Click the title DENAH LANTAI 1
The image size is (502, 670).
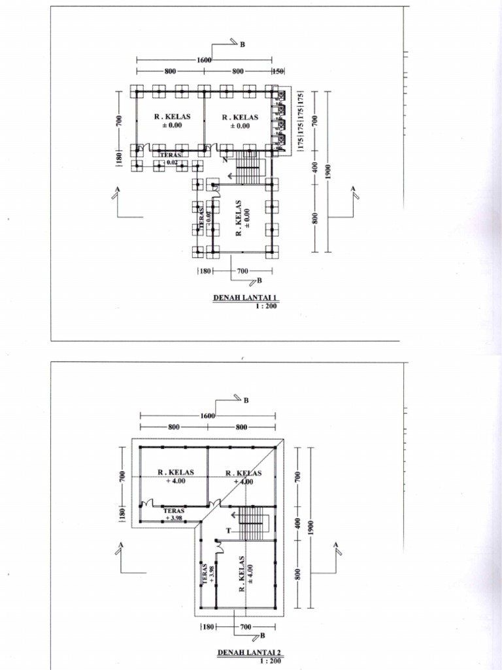(x=241, y=298)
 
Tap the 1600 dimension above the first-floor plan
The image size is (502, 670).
(x=204, y=60)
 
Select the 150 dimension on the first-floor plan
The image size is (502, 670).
(x=278, y=71)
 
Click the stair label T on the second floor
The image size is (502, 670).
(x=229, y=531)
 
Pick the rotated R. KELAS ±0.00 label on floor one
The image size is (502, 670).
(x=243, y=218)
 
